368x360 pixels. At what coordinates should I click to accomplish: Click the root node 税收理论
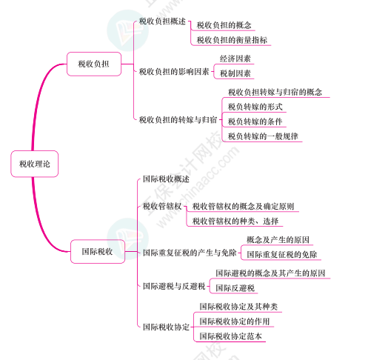35,164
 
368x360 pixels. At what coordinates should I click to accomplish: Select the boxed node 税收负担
94,64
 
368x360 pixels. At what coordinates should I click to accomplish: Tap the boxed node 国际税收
98,251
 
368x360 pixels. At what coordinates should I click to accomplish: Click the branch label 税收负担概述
162,21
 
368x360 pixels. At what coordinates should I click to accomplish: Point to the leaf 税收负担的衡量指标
232,40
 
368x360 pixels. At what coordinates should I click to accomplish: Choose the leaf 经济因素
235,59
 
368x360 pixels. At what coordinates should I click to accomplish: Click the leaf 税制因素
235,73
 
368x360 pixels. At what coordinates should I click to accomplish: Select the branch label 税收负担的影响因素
174,72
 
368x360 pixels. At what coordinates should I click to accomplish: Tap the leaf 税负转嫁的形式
255,107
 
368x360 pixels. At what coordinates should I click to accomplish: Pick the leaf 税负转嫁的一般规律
263,136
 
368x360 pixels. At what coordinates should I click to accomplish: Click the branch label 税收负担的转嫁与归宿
178,120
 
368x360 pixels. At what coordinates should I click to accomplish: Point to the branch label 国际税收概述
166,179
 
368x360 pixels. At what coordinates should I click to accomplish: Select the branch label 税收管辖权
162,206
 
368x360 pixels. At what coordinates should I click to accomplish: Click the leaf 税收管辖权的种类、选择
235,221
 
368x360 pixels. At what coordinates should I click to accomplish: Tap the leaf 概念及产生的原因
278,240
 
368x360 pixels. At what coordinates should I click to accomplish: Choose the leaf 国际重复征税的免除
282,254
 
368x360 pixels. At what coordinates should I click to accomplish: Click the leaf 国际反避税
235,288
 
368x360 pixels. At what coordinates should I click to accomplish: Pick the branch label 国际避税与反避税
174,286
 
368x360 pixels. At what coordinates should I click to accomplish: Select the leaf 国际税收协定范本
230,336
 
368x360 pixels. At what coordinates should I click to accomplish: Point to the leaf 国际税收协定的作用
235,321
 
